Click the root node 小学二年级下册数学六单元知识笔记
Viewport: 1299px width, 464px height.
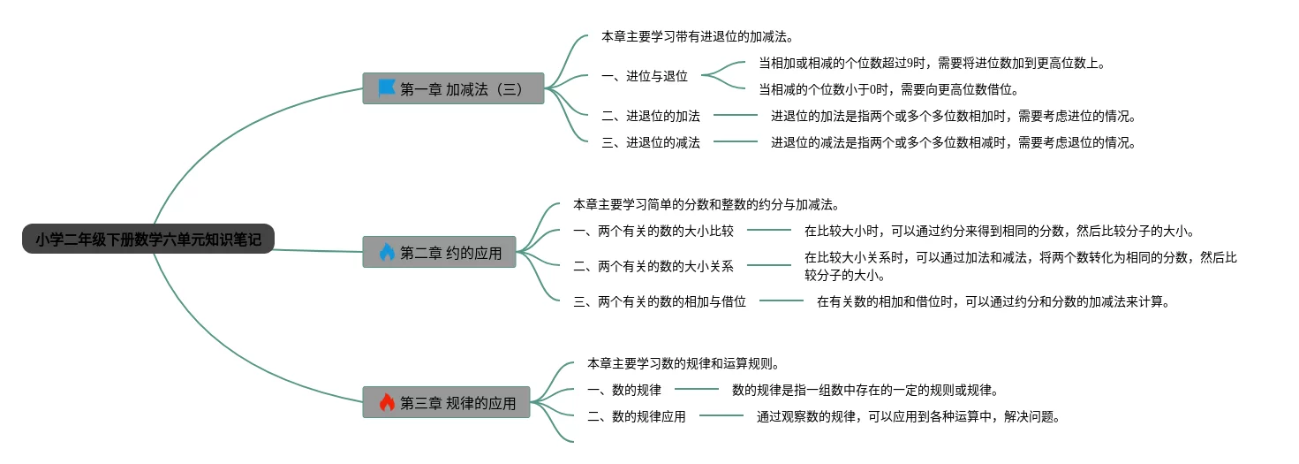pyautogui.click(x=148, y=240)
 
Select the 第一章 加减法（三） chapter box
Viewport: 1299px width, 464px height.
pyautogui.click(x=453, y=88)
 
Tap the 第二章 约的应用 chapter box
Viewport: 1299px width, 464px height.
pyautogui.click(x=440, y=253)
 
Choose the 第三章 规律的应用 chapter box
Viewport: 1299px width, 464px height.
pyautogui.click(x=447, y=403)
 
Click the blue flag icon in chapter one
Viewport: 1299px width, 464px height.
pyautogui.click(x=387, y=88)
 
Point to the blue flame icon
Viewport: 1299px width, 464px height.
pyautogui.click(x=387, y=253)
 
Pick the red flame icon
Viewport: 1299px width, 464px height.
pyautogui.click(x=387, y=403)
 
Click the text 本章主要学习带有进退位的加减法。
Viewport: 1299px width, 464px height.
pyautogui.click(x=697, y=37)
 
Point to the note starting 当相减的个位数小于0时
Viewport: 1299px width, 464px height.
pyautogui.click(x=889, y=89)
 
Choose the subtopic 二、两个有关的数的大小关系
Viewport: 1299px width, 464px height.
pyautogui.click(x=660, y=265)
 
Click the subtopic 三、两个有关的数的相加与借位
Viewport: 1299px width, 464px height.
pyautogui.click(x=660, y=301)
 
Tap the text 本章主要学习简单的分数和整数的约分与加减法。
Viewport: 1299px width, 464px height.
pyautogui.click(x=706, y=204)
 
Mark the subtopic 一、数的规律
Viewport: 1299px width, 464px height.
pyautogui.click(x=624, y=390)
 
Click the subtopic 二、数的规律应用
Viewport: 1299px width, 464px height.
pyautogui.click(x=637, y=416)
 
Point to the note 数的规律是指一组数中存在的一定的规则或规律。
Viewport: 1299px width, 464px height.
pyautogui.click(x=865, y=390)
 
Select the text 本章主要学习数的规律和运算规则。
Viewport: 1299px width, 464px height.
pyautogui.click(x=682, y=363)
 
